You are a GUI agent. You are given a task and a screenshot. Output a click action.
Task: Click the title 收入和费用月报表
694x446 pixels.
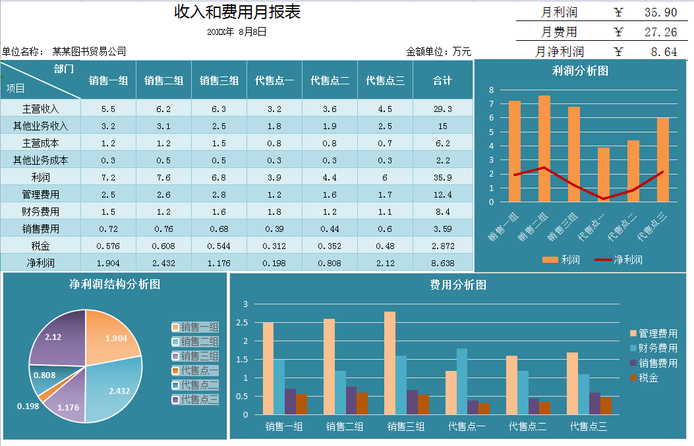click(237, 12)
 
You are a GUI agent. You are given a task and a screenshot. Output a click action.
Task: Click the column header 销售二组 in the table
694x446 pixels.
click(163, 80)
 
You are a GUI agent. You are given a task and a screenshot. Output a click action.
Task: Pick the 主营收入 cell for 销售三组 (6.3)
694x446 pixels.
click(219, 109)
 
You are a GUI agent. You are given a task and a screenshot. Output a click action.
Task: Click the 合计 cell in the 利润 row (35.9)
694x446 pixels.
click(442, 177)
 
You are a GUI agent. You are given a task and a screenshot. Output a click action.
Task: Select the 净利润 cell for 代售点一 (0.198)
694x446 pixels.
click(274, 263)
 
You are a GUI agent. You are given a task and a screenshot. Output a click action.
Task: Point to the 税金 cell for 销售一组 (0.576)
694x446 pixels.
click(108, 246)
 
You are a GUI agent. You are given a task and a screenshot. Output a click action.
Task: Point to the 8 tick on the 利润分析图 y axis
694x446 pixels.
click(491, 90)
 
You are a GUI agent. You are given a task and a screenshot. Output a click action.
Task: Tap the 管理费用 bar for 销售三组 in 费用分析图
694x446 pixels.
click(390, 363)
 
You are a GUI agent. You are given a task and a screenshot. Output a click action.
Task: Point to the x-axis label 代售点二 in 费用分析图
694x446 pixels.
click(527, 427)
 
